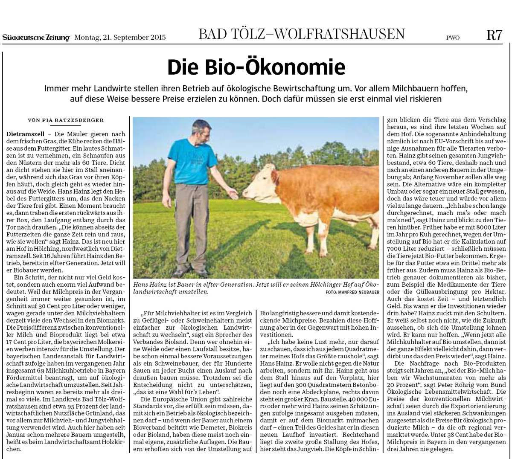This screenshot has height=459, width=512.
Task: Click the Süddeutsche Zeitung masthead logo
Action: pos(36,38)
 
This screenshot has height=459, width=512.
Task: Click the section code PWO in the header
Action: pos(453,38)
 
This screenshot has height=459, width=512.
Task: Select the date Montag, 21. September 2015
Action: pos(120,38)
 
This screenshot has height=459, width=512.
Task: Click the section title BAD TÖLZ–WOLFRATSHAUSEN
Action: pos(301,34)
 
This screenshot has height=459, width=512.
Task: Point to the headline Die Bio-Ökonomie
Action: pos(256,67)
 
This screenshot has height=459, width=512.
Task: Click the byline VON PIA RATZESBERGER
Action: pos(65,120)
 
